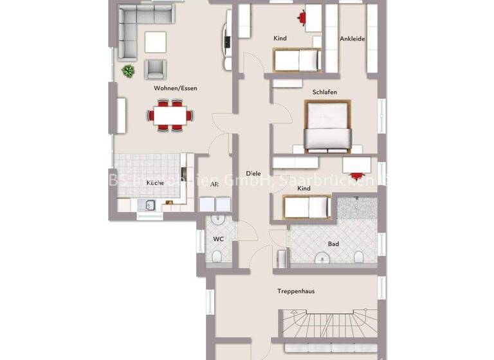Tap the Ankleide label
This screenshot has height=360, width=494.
[x=352, y=39]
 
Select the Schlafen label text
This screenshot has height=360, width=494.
[x=325, y=92]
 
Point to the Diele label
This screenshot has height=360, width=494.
[x=253, y=173]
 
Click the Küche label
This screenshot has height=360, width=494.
[x=155, y=183]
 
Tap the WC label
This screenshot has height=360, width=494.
[x=217, y=239]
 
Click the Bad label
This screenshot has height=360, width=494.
[x=333, y=244]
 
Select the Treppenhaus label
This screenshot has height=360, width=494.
[x=296, y=291]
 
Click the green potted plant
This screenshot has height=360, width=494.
[x=128, y=71]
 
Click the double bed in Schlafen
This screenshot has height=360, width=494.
[x=327, y=127]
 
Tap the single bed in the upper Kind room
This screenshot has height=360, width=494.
[x=297, y=60]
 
